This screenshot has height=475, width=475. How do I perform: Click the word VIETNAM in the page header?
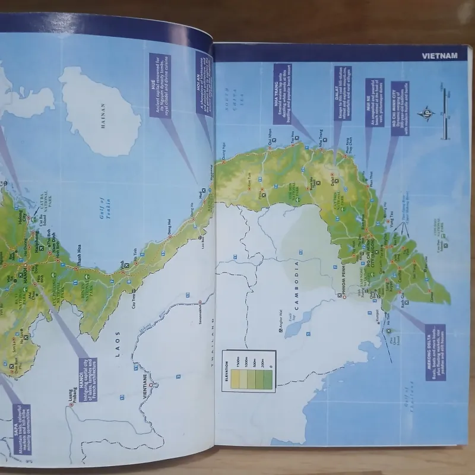[440, 56]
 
